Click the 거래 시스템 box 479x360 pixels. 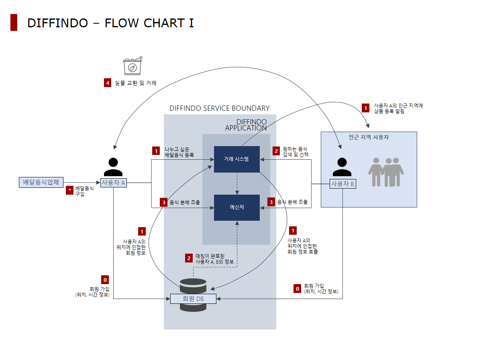[x=236, y=159]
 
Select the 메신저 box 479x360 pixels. [x=236, y=207]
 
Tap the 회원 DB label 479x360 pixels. [x=193, y=299]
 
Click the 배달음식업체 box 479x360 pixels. [x=41, y=182]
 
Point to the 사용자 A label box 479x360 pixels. [x=114, y=183]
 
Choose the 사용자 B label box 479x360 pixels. [x=342, y=184]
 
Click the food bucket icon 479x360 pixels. [x=133, y=65]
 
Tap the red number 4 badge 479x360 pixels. [x=107, y=83]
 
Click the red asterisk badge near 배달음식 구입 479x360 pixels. [x=70, y=189]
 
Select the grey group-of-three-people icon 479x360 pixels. [x=386, y=171]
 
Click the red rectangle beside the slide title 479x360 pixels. [x=14, y=22]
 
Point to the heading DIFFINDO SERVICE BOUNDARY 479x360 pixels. [x=219, y=108]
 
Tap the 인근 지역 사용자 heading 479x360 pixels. [x=369, y=137]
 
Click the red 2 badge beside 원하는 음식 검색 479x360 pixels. [x=276, y=151]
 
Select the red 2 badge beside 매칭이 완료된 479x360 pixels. [x=189, y=258]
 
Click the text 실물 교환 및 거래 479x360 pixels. [x=136, y=83]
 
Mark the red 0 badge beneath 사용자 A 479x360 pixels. [x=105, y=280]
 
